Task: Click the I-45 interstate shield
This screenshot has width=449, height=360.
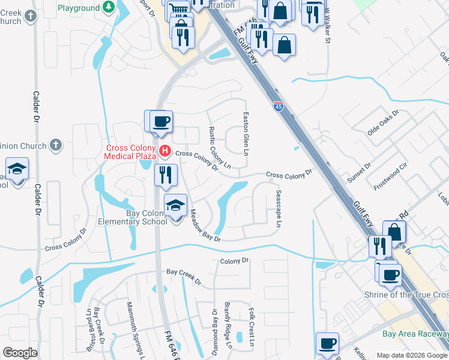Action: click(279, 107)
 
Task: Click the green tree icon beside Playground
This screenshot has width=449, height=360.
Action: click(109, 7)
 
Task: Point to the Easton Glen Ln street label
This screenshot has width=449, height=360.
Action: click(246, 134)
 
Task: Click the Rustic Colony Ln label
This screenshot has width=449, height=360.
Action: click(219, 147)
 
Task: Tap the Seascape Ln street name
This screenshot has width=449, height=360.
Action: click(279, 209)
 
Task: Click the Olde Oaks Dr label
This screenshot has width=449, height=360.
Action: click(383, 123)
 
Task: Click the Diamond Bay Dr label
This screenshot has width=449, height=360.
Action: click(214, 332)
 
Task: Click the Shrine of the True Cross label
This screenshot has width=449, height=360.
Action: click(406, 295)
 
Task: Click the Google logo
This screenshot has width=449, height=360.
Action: click(20, 353)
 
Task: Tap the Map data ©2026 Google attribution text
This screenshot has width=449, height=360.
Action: click(412, 355)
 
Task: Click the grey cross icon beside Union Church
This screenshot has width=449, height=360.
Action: click(55, 145)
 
